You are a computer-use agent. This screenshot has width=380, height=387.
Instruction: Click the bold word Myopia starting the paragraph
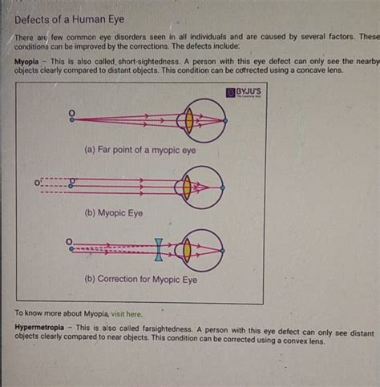[x=29, y=61]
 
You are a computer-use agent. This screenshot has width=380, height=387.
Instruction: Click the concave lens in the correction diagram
[x=160, y=249]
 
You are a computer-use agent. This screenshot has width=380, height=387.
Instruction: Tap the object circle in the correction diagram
[x=71, y=241]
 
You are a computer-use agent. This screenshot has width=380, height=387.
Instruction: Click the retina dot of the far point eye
[x=226, y=120]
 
